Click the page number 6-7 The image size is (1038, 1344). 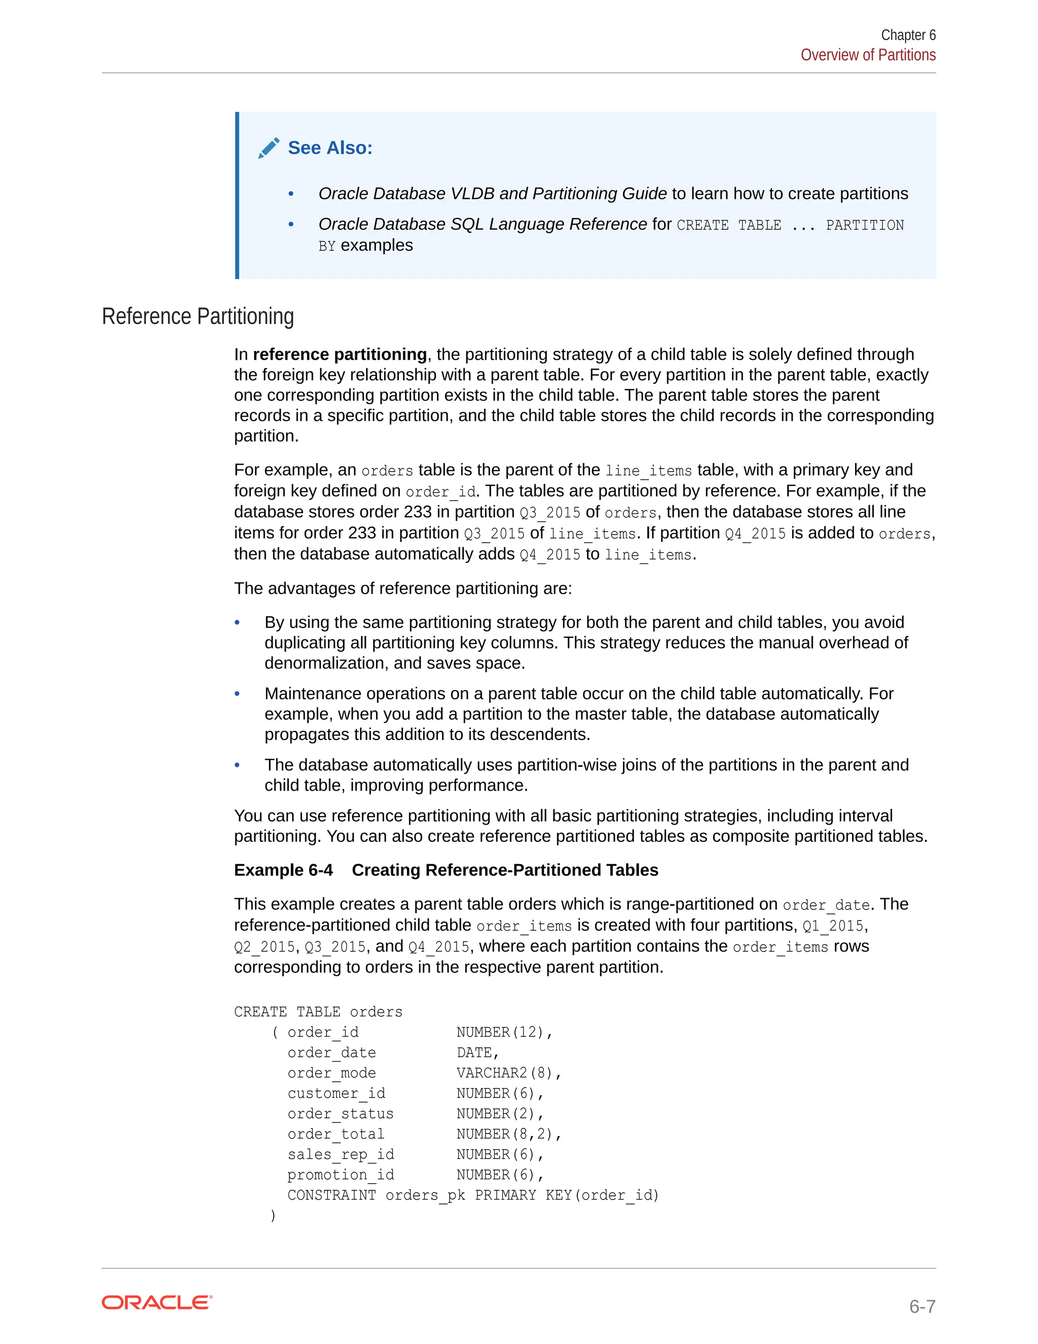922,1306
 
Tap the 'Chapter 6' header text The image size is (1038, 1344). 908,35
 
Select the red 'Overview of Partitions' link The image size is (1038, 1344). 868,55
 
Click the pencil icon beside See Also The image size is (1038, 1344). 269,148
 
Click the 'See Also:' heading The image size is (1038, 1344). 330,148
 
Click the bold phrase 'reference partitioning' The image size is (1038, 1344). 340,355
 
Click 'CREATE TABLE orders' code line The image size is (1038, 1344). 318,1012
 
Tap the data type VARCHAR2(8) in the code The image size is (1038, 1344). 508,1073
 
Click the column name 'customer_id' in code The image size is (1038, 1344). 337,1093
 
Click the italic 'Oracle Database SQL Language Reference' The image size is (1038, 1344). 482,224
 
